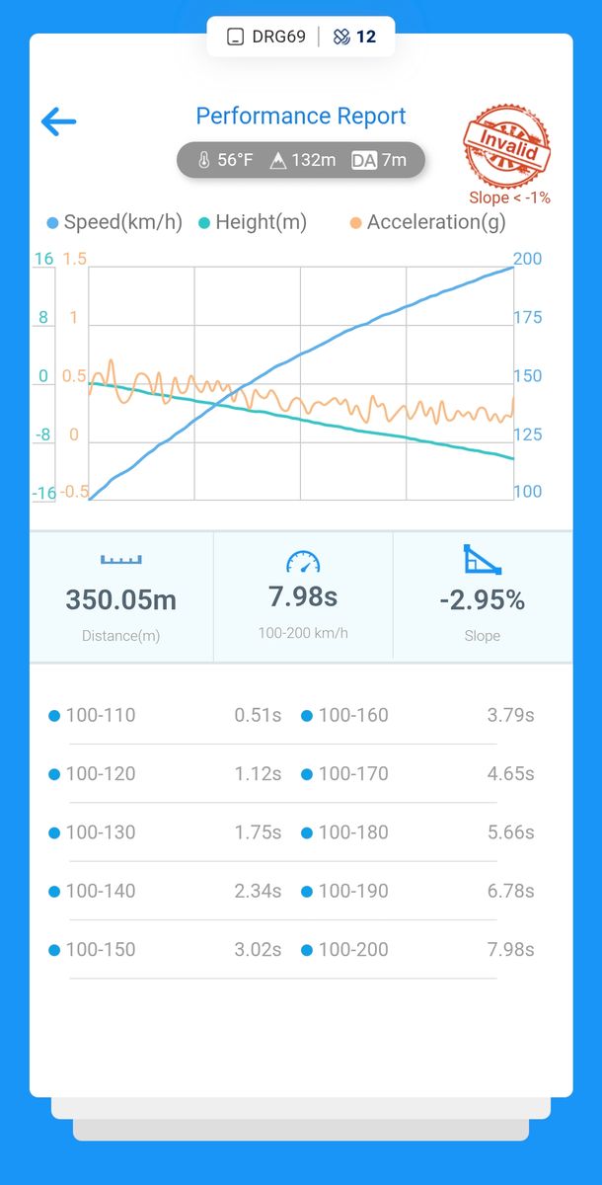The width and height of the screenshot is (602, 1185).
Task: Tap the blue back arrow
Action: [x=58, y=121]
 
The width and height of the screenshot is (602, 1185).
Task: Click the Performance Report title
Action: [x=301, y=117]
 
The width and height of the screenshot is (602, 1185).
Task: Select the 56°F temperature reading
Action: [x=226, y=160]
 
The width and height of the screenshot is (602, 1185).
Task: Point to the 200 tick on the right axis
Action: [x=528, y=259]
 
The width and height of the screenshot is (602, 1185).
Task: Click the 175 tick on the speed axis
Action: [x=528, y=318]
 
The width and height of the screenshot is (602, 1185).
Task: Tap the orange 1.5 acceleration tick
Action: [x=75, y=259]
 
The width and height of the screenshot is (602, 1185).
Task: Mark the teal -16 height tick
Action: [x=43, y=493]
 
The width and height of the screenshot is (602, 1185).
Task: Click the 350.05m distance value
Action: [x=121, y=599]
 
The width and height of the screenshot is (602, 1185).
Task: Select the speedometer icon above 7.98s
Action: [x=303, y=562]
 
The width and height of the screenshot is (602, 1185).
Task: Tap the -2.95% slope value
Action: [x=482, y=599]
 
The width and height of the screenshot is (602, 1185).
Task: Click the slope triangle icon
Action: [x=483, y=560]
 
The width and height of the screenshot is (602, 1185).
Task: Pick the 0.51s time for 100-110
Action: [x=258, y=715]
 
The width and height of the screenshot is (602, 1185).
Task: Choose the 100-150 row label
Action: [x=101, y=950]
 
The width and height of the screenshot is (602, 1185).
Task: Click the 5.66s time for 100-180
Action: [x=510, y=832]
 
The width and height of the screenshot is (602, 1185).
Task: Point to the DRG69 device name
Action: [x=278, y=38]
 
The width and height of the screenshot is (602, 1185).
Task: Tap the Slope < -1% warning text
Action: [x=510, y=197]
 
